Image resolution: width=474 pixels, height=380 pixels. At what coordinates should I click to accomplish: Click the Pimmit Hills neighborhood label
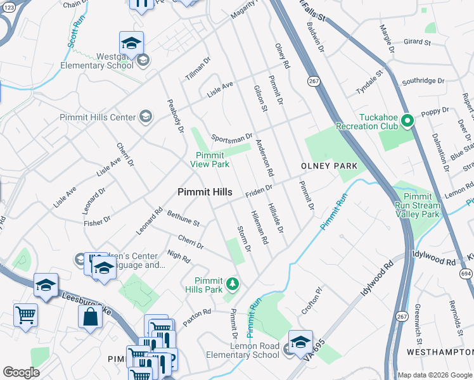[205, 192]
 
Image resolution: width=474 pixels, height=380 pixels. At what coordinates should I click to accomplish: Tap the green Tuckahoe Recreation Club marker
[409, 119]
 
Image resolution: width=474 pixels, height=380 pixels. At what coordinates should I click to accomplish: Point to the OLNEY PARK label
[329, 166]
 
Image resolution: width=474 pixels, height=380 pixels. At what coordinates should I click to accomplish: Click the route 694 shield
[466, 272]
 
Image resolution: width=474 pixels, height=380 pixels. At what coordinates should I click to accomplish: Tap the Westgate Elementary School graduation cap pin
[131, 44]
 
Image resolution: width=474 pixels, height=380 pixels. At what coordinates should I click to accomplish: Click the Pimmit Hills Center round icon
[146, 117]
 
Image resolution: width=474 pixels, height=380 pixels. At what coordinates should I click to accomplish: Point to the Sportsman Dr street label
[232, 137]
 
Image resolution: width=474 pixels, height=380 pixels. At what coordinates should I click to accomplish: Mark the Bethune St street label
[183, 219]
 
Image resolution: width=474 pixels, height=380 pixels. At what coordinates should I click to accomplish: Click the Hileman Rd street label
[260, 228]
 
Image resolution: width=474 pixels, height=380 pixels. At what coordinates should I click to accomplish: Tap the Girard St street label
[416, 42]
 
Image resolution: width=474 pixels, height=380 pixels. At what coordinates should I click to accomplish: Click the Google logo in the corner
[20, 372]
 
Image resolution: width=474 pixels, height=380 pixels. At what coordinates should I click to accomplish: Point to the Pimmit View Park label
[210, 159]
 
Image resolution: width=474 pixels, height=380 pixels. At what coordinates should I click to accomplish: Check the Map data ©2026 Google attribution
[435, 374]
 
